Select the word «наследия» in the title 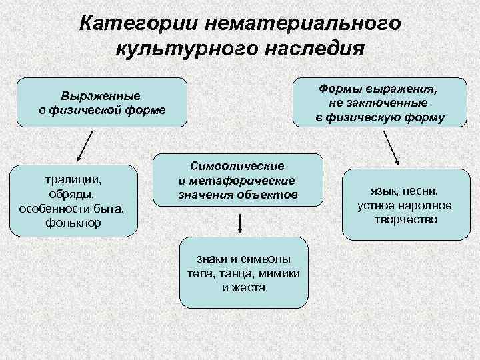click(x=313, y=49)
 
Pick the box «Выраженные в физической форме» click(x=102, y=102)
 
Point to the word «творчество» click(x=405, y=219)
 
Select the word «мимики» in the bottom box click(x=281, y=274)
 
